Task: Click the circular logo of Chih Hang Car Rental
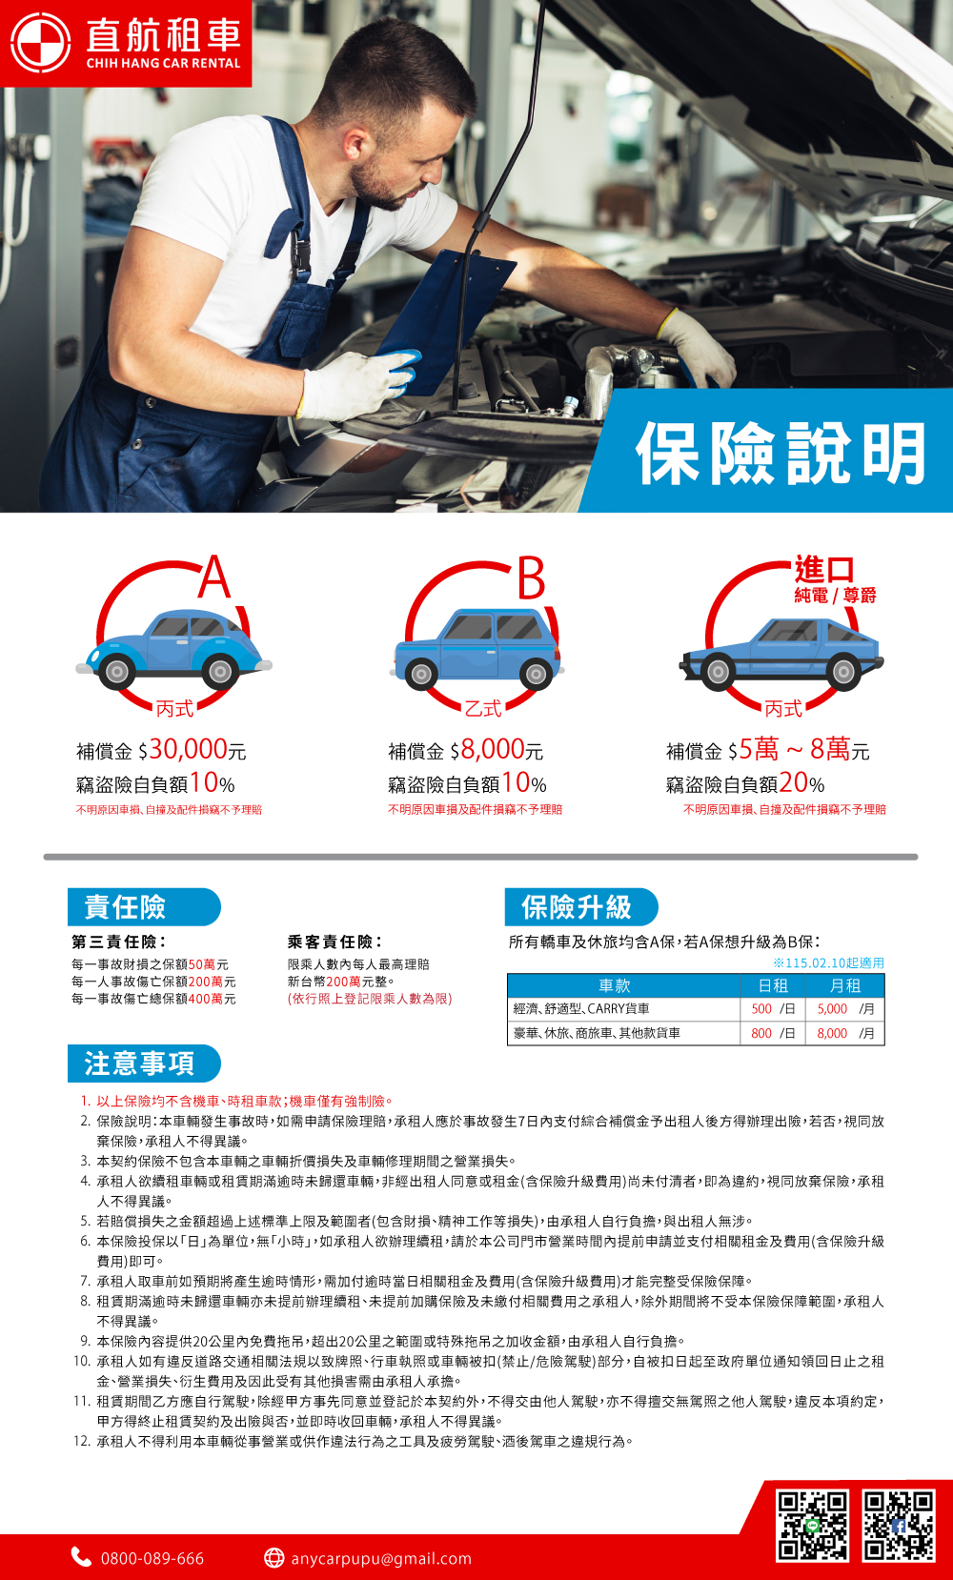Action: [39, 42]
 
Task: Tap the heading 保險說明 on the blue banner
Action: [781, 454]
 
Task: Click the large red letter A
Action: [214, 577]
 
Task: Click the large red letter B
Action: [531, 577]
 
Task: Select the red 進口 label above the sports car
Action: [824, 569]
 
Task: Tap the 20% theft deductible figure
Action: [801, 783]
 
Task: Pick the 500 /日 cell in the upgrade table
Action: [773, 1009]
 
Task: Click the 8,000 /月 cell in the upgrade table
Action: [845, 1033]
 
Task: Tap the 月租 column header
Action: [845, 986]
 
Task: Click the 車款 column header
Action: [615, 986]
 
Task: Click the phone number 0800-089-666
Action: [152, 1558]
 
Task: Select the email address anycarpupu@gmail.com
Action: [381, 1558]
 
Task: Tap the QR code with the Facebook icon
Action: [900, 1525]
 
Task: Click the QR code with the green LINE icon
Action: [813, 1525]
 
